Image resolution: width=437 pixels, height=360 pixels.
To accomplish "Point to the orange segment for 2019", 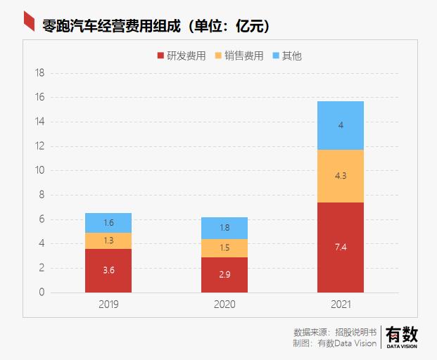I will tap(108, 241).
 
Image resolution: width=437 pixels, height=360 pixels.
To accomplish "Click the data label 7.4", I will tap(340, 247).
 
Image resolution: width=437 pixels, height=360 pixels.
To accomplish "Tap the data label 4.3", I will tap(340, 176).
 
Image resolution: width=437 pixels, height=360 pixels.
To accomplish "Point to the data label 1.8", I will tap(224, 228).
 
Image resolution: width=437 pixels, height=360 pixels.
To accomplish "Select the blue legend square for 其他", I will tap(275, 56).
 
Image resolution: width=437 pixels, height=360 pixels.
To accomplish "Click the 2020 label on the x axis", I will tap(224, 305).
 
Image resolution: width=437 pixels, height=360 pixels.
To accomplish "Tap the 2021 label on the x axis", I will tap(340, 305).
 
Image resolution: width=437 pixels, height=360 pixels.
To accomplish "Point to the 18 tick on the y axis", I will tap(40, 73).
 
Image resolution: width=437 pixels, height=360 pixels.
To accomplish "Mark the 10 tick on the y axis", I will tap(40, 171).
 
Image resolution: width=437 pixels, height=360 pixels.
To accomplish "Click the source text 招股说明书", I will tap(355, 331).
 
